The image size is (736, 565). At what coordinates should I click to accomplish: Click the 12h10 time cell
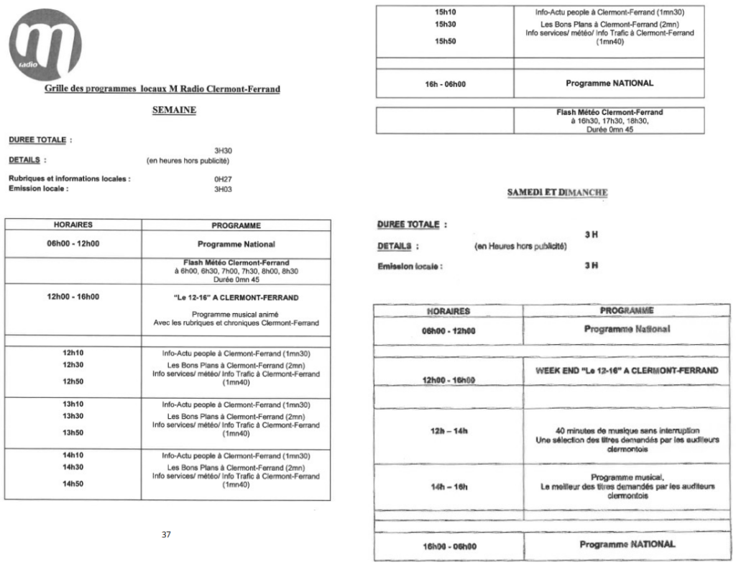click(x=73, y=353)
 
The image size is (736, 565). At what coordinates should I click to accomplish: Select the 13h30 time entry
click(x=73, y=416)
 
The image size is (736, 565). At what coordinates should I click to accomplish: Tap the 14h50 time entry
click(x=73, y=484)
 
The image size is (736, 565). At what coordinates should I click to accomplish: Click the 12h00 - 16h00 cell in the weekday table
click(x=73, y=297)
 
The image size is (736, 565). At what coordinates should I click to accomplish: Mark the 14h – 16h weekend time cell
click(x=446, y=487)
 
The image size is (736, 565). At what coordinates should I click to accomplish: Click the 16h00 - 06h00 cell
click(x=446, y=545)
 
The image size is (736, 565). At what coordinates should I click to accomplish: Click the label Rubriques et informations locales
click(x=69, y=179)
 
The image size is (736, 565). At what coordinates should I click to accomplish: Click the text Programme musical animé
click(x=235, y=314)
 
